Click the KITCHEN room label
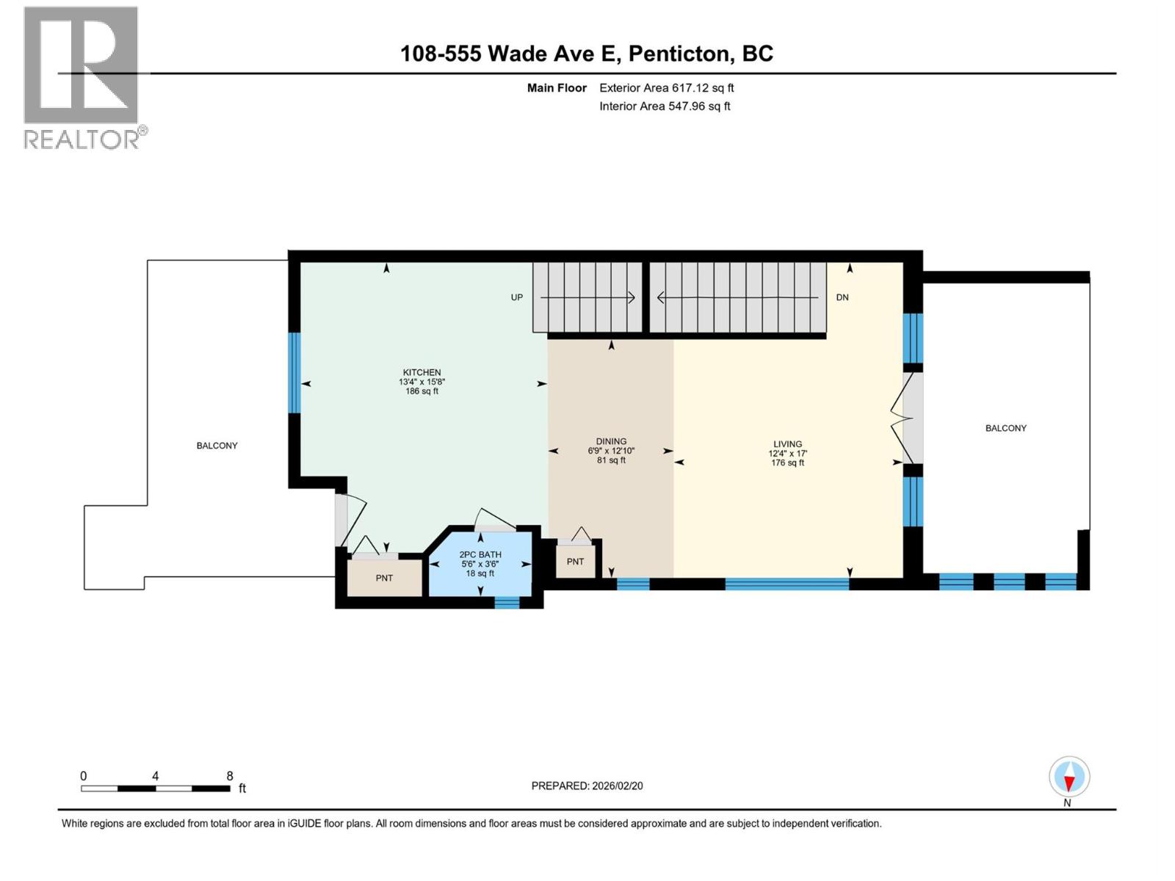click(422, 373)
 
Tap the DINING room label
click(611, 442)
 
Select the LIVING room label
click(787, 444)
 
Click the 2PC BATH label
click(480, 555)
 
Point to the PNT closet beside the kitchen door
click(384, 578)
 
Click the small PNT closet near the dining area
click(575, 562)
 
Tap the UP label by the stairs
click(517, 297)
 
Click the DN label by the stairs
click(842, 297)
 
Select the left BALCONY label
click(217, 446)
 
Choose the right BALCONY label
click(1005, 428)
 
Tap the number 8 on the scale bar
click(230, 776)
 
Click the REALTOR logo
click(82, 77)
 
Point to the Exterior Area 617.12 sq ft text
click(666, 88)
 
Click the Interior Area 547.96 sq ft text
click(665, 106)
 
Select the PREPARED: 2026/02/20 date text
click(587, 786)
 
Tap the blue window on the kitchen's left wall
click(294, 373)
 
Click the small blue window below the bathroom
click(507, 602)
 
